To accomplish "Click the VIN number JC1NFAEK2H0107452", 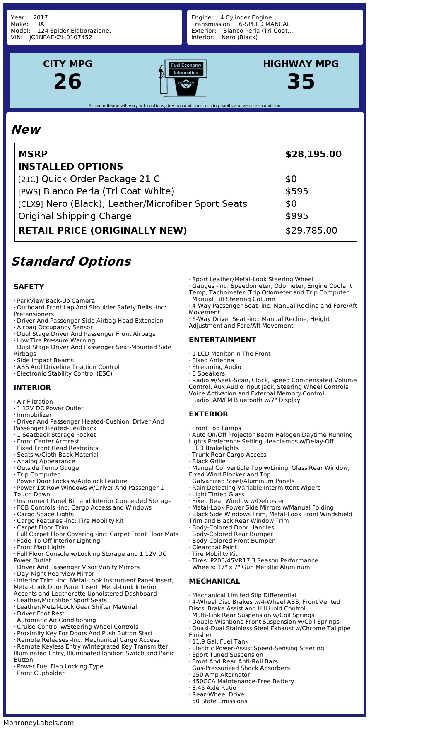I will click(61, 37).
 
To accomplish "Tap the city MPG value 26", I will click(67, 81).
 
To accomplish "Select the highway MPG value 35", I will click(301, 81).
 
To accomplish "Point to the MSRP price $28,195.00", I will click(313, 154).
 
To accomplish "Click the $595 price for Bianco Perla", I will click(296, 191).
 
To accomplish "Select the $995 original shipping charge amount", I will click(296, 216).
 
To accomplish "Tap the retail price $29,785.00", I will click(311, 231).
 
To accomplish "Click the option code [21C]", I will click(28, 180).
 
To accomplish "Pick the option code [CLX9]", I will click(30, 204).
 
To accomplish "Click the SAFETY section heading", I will click(29, 287).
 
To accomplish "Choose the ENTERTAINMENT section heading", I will click(222, 340).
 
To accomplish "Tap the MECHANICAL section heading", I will click(214, 581).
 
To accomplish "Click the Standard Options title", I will click(71, 261).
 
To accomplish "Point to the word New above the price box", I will click(26, 129).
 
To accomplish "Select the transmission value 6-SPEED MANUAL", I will click(264, 24).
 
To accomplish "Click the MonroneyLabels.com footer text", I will click(39, 723).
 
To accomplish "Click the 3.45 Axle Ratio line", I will click(214, 688).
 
